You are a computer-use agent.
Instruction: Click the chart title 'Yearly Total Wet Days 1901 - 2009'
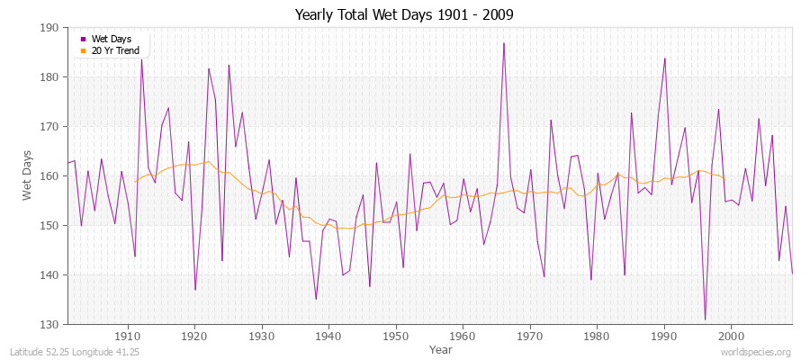click(404, 15)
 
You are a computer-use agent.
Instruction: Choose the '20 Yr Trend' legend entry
click(115, 50)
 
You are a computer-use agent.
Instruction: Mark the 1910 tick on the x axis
click(128, 336)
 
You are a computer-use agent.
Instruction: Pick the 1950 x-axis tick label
click(396, 336)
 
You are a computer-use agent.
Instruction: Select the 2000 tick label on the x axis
click(732, 336)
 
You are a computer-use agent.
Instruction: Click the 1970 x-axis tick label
click(530, 336)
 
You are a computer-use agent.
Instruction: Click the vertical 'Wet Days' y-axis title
click(28, 176)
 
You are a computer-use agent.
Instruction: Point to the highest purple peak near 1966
click(504, 43)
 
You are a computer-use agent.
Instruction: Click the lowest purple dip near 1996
click(706, 319)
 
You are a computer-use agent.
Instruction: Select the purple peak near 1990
click(665, 58)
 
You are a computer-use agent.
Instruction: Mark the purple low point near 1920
click(195, 290)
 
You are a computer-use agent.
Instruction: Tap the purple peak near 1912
click(141, 59)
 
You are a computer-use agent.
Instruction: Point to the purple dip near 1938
click(316, 299)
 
